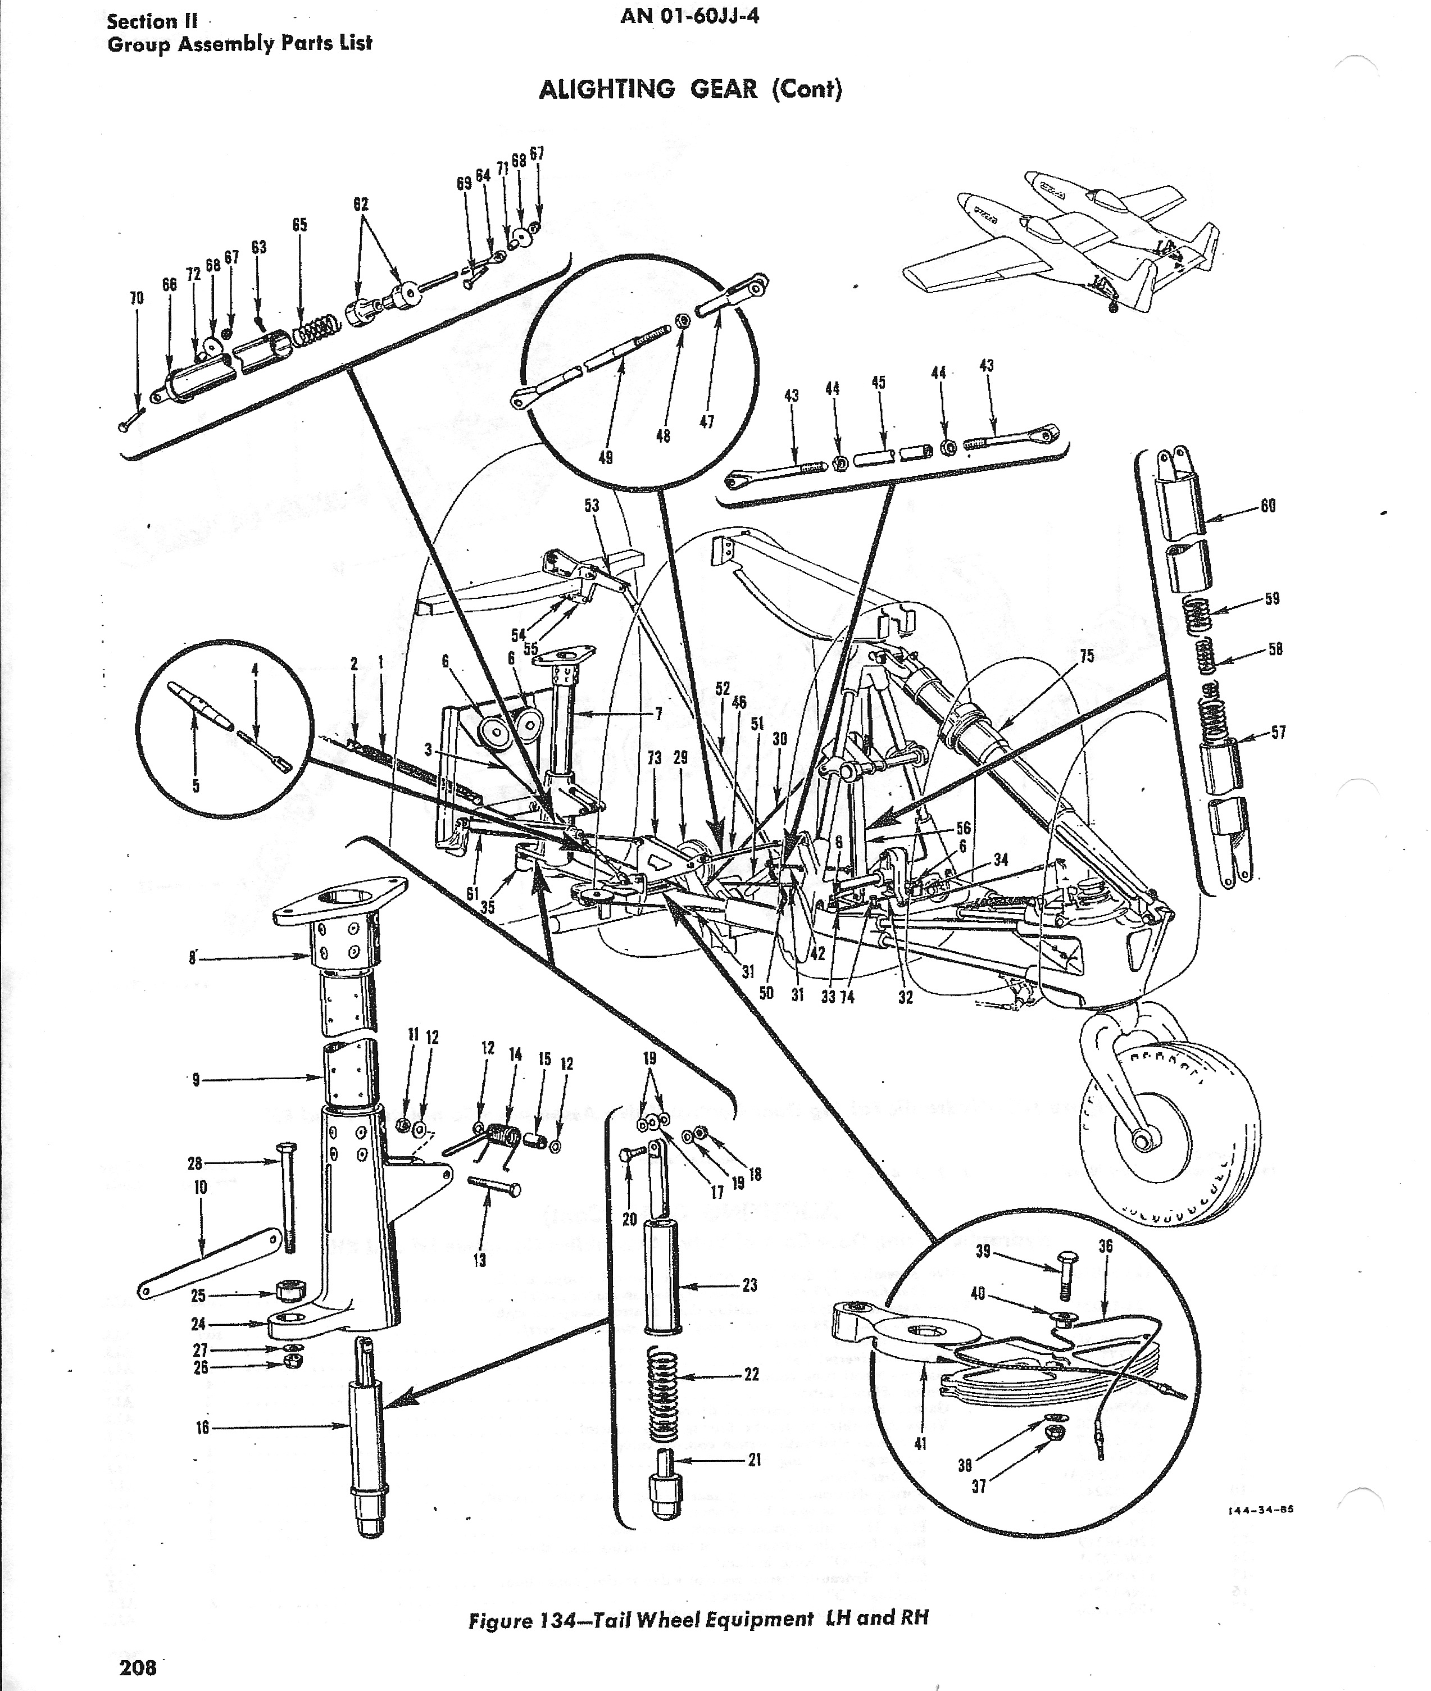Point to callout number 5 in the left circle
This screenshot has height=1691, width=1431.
pos(195,785)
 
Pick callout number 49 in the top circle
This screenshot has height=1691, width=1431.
pos(605,457)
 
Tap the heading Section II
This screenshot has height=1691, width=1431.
pos(152,21)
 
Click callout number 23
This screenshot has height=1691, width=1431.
pos(749,1285)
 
